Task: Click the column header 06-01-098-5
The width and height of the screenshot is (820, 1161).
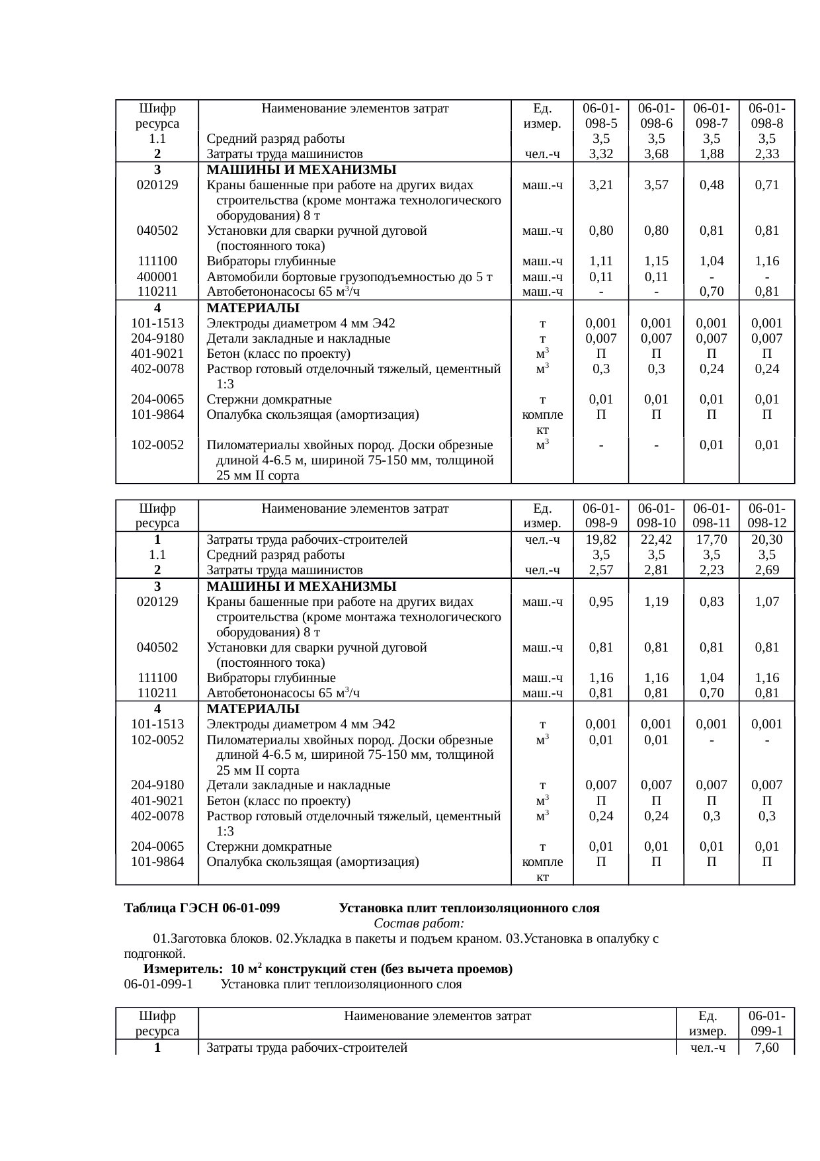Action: pos(600,115)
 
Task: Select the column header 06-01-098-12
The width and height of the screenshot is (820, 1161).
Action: pos(766,515)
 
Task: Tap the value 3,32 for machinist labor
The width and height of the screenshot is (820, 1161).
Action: pos(600,154)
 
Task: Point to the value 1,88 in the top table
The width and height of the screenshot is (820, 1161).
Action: pos(711,154)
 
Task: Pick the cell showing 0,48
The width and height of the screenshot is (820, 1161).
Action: pos(711,185)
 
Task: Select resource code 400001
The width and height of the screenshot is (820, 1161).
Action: pos(157,277)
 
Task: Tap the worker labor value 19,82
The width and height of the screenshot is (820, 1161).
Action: pos(600,540)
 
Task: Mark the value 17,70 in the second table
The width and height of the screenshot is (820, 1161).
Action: pos(711,540)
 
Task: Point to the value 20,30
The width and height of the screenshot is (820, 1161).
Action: pos(766,540)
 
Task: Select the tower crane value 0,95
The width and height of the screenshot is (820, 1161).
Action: pos(600,602)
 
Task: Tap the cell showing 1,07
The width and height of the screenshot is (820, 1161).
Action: pos(766,602)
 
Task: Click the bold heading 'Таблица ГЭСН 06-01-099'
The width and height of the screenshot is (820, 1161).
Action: pos(202,908)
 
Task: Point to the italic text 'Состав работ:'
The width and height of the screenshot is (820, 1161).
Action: pos(419,924)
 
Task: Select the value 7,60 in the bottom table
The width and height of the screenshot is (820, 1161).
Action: pos(766,1048)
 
